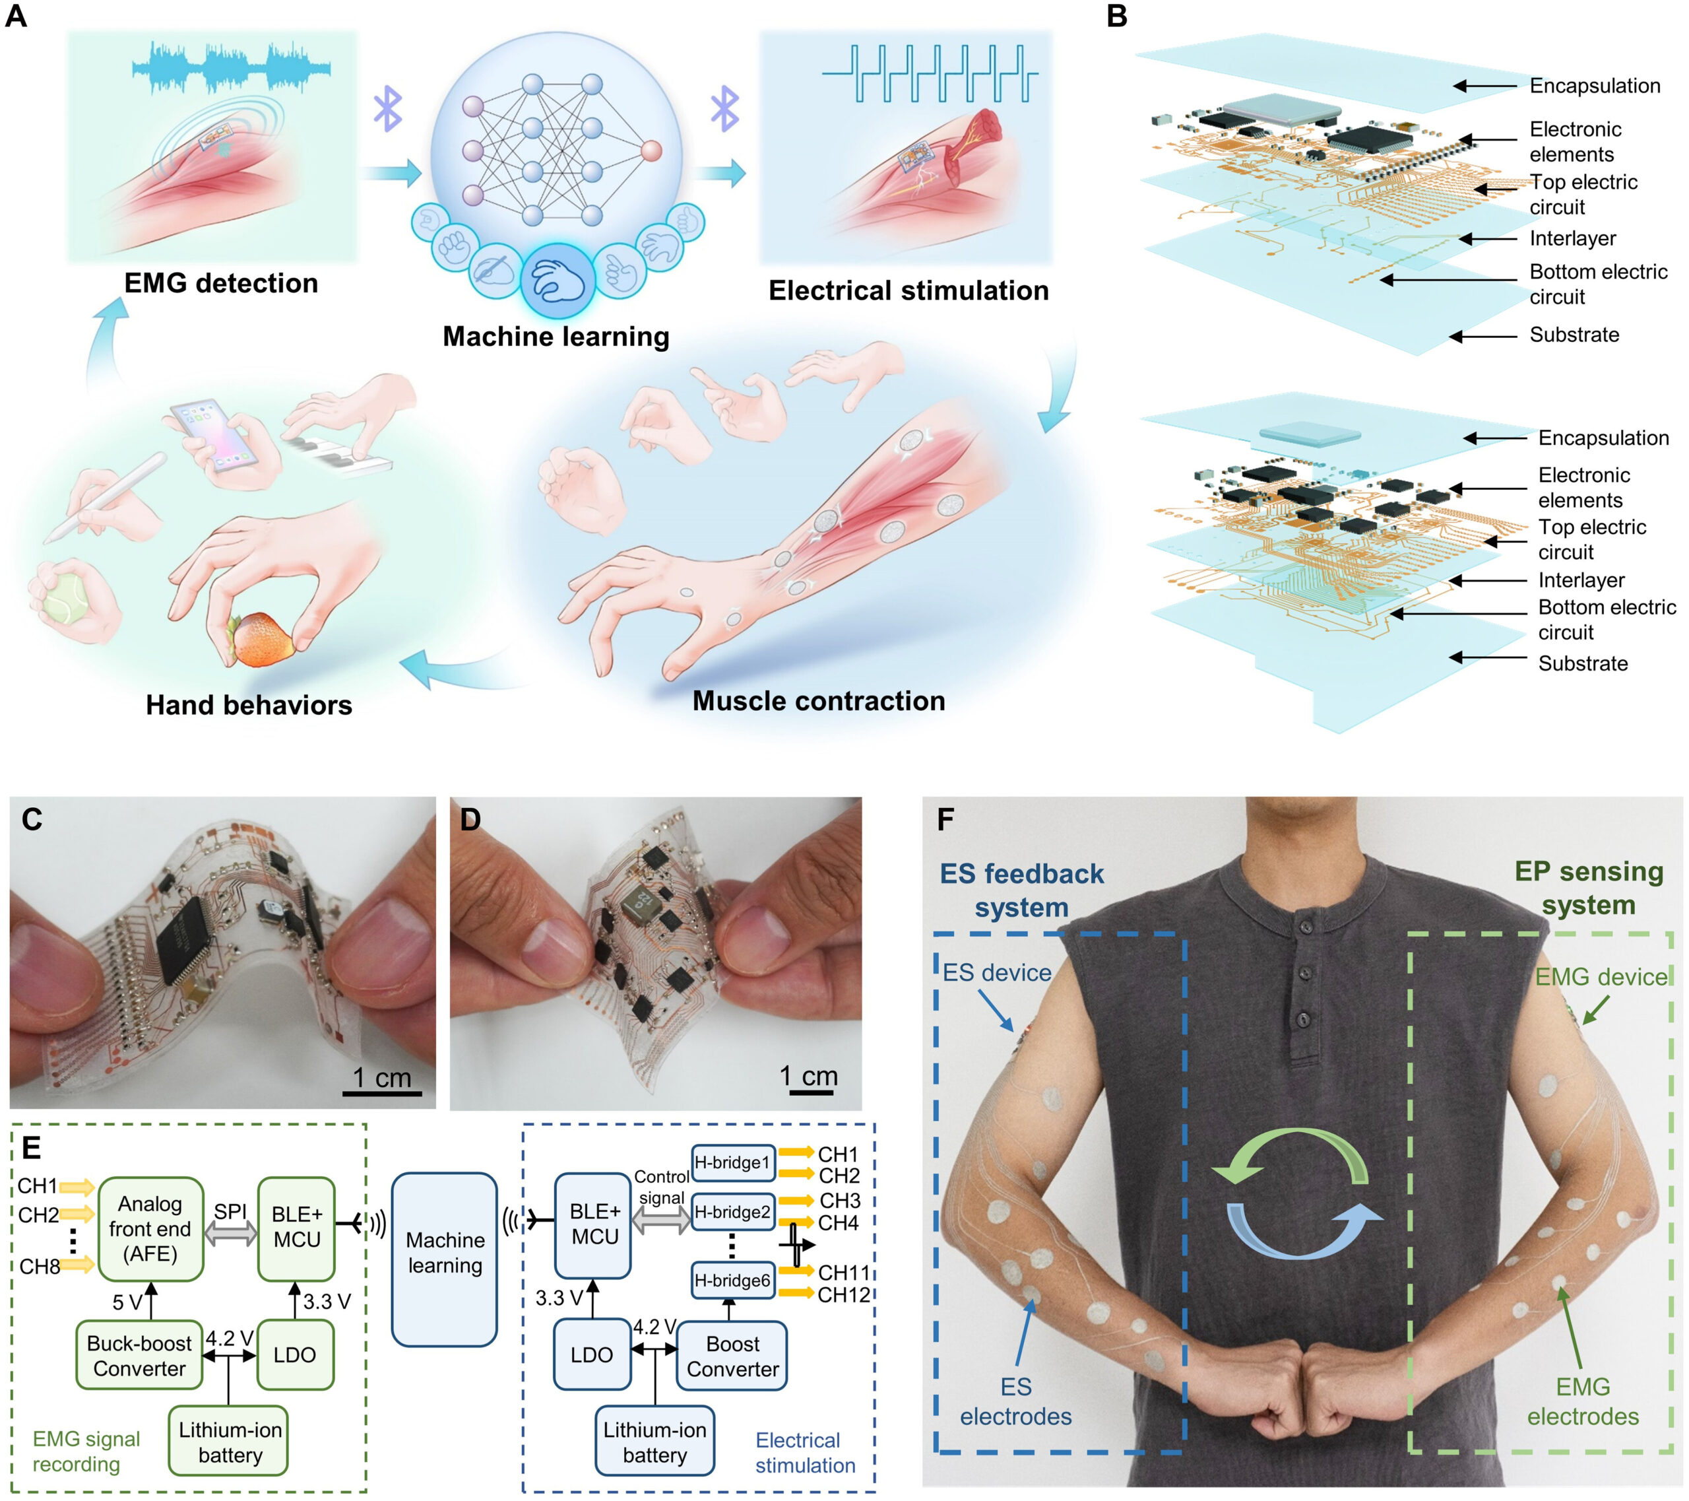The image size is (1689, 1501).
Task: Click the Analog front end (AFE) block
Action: pos(150,1229)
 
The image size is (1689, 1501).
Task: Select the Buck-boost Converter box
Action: pos(139,1356)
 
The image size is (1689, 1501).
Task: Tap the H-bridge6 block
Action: pos(732,1281)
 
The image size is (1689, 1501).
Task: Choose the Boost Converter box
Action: pos(732,1356)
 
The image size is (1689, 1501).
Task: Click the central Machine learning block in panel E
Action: pos(445,1252)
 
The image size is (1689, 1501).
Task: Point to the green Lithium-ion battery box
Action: pos(229,1442)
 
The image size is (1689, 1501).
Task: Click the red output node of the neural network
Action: pos(652,150)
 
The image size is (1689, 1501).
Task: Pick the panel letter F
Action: pos(945,819)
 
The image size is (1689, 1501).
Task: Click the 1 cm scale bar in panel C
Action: pos(382,1092)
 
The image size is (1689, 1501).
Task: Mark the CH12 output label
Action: pos(844,1295)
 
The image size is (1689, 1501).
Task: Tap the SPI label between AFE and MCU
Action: pos(230,1211)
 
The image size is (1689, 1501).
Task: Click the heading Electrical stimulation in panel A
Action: pos(908,290)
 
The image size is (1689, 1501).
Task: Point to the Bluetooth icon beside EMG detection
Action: pos(387,108)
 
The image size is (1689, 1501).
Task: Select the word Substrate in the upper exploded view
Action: pos(1574,335)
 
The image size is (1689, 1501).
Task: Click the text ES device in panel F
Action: pos(996,973)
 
